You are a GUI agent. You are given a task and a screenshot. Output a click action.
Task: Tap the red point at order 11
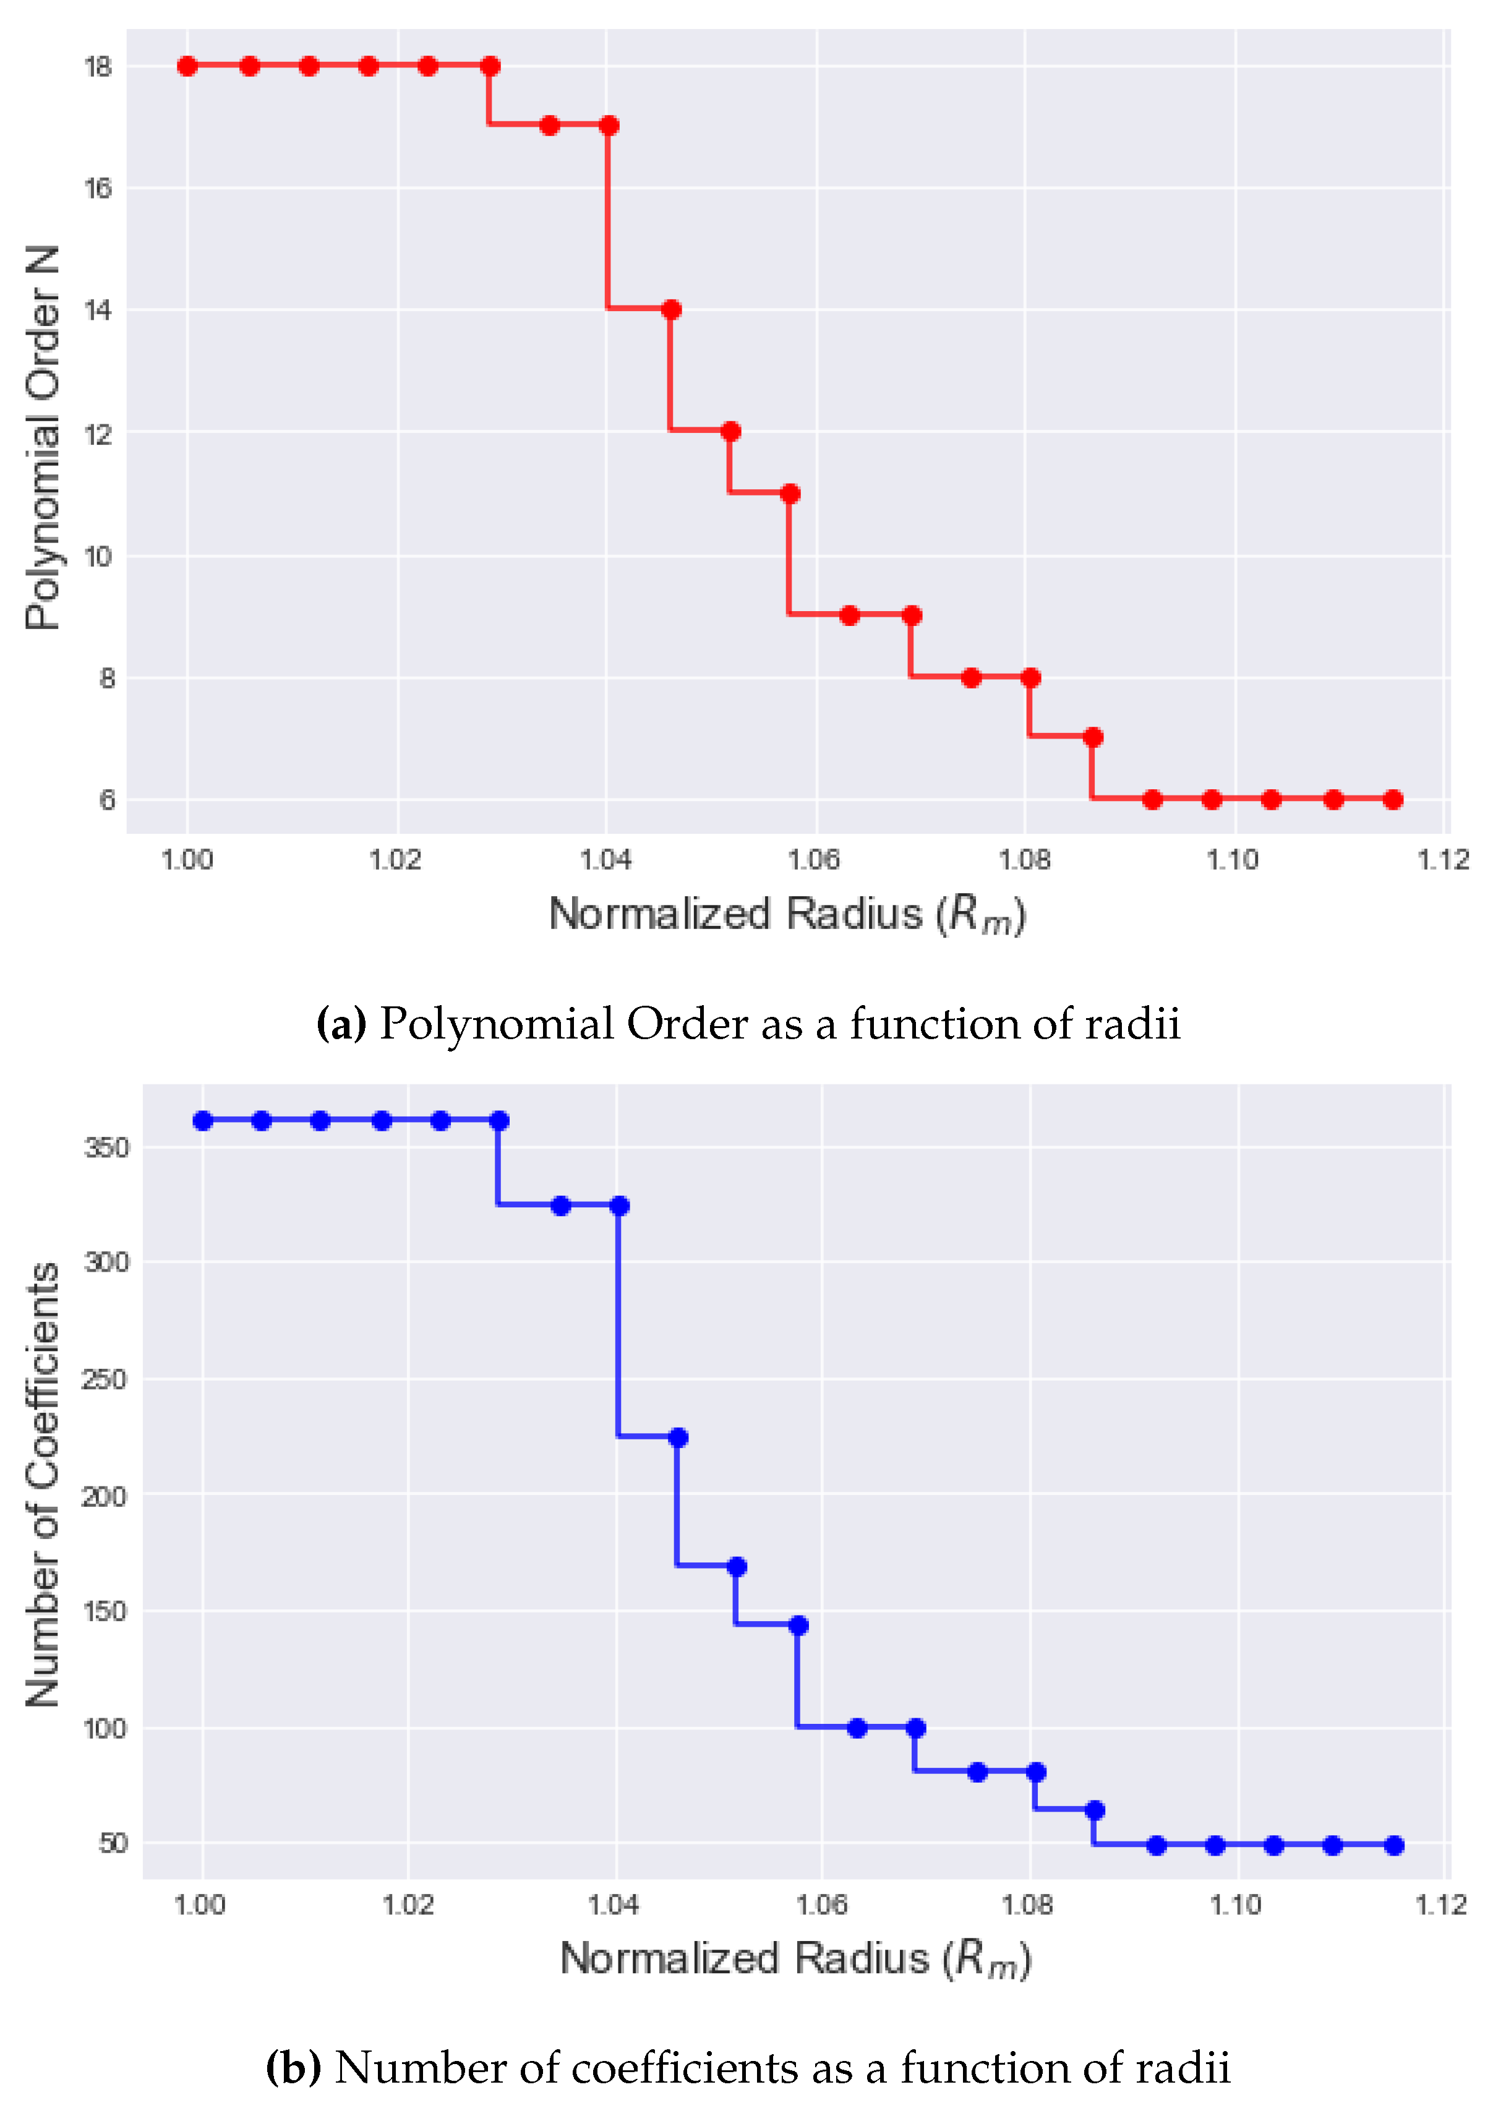(x=790, y=494)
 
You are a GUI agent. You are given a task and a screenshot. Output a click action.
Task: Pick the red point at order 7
(x=1093, y=737)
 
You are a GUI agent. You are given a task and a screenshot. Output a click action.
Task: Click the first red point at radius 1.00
(x=187, y=66)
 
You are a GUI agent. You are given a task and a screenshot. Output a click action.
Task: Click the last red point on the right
(x=1393, y=800)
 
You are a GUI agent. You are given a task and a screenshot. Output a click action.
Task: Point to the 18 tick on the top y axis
(x=98, y=67)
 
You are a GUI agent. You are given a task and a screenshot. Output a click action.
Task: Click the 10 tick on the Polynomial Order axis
(x=98, y=556)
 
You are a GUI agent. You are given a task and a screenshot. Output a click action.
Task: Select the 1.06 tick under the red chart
(x=814, y=860)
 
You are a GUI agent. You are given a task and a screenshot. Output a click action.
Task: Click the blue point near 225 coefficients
(x=678, y=1437)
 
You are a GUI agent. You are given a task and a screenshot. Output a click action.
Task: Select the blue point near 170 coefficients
(x=737, y=1567)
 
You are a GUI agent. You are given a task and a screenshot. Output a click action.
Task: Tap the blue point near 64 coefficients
(x=1095, y=1810)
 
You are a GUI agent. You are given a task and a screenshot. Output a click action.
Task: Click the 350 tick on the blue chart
(x=106, y=1147)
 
